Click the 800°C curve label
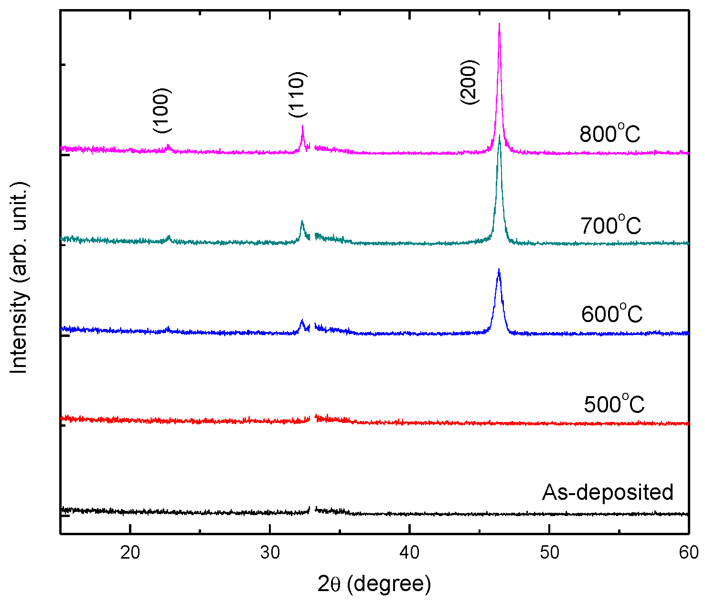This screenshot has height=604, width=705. click(x=610, y=134)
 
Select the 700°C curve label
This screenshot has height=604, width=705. click(x=611, y=225)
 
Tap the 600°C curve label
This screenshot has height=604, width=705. click(x=612, y=314)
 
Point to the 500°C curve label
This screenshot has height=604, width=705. click(x=614, y=404)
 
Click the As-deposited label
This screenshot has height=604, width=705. click(x=608, y=492)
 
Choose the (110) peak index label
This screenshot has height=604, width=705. click(x=298, y=95)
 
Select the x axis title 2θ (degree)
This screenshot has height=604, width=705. click(x=374, y=584)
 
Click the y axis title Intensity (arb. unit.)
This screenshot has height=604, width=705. click(x=20, y=278)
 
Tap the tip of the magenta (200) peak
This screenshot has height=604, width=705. click(x=499, y=23)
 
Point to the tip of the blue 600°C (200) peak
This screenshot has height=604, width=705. click(x=499, y=269)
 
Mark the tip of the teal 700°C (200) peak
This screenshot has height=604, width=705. click(x=500, y=135)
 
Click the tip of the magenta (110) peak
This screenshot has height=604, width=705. click(x=302, y=126)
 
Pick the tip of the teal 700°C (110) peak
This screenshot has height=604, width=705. click(x=302, y=221)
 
